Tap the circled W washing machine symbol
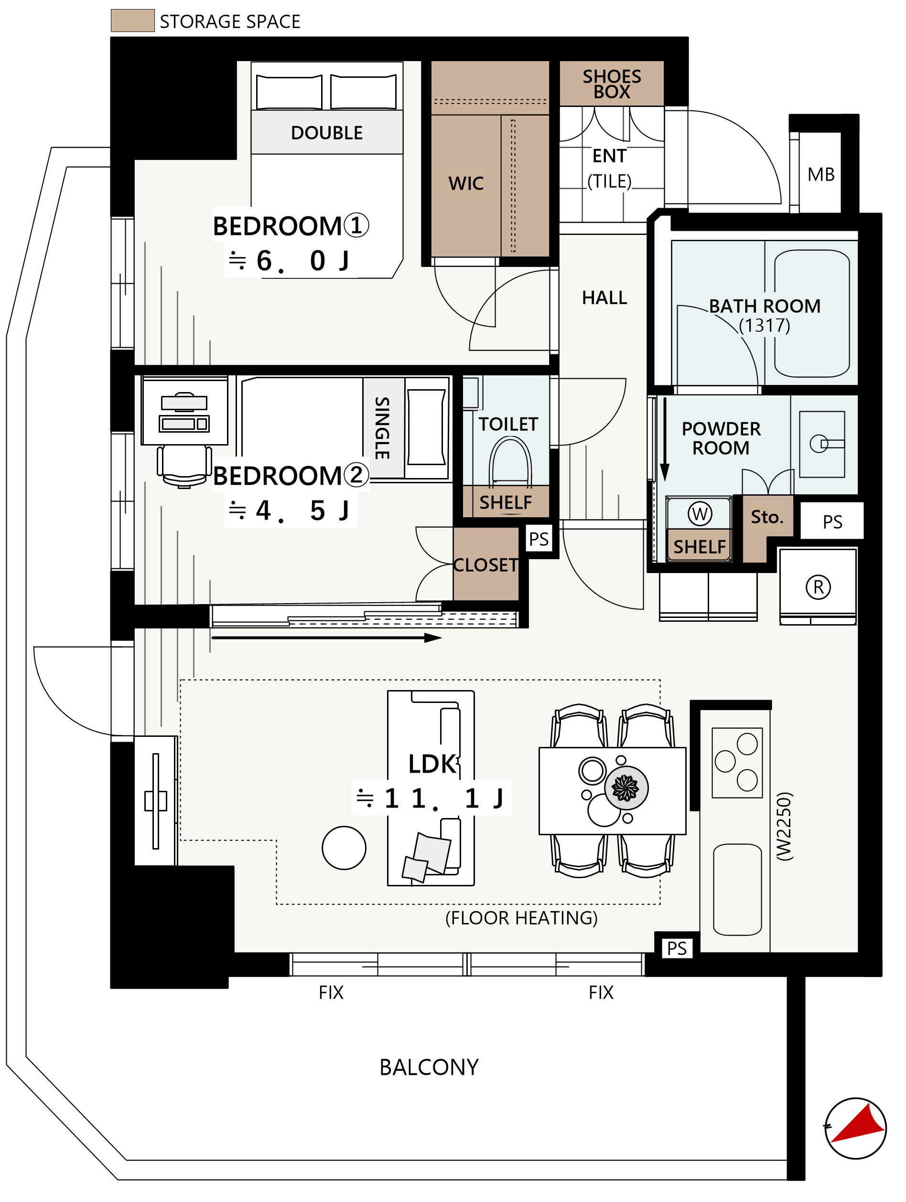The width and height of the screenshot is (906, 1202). coord(700,513)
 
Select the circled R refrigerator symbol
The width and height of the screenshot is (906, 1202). coord(818,587)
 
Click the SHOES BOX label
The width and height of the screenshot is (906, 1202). coord(612,84)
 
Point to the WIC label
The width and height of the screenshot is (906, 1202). coord(466,184)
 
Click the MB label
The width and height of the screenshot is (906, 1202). coord(821,174)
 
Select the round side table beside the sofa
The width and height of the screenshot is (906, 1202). coord(344,848)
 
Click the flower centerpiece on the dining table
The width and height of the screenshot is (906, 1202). coord(626,787)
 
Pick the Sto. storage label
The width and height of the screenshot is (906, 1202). coord(767,517)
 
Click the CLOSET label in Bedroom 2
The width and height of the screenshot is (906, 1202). coord(485,565)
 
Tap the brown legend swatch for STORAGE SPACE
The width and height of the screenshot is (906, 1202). coord(133,21)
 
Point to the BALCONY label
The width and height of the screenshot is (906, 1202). coord(429,1067)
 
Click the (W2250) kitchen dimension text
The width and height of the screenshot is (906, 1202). coord(784,826)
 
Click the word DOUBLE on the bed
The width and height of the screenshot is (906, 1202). coord(327,133)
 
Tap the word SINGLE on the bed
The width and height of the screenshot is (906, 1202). coord(382,428)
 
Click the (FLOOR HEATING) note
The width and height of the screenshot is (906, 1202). coord(521,918)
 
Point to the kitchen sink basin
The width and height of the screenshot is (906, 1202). coord(737,890)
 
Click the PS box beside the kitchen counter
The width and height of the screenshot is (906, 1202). coord(677,948)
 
